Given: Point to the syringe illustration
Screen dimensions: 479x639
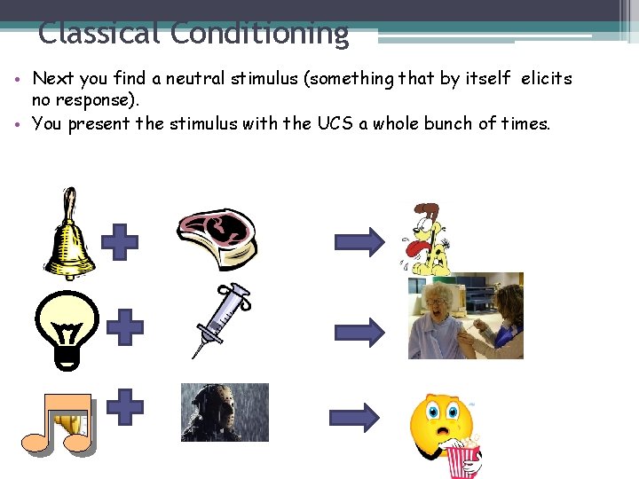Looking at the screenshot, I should coord(222,319).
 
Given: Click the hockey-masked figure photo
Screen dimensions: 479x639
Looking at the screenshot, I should coord(225,412).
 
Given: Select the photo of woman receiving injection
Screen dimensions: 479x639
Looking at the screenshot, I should coord(465,316).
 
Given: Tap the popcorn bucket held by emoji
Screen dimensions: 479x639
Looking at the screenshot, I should coord(462,459).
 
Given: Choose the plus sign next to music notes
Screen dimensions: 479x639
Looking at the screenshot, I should coord(125,407).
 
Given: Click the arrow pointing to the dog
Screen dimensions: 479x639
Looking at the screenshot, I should coord(359,241).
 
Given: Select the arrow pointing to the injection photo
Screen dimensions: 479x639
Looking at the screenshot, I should coord(359,331).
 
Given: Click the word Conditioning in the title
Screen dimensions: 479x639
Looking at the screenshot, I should coord(259,34).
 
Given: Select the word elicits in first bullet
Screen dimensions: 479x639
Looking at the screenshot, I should coord(547,79).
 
